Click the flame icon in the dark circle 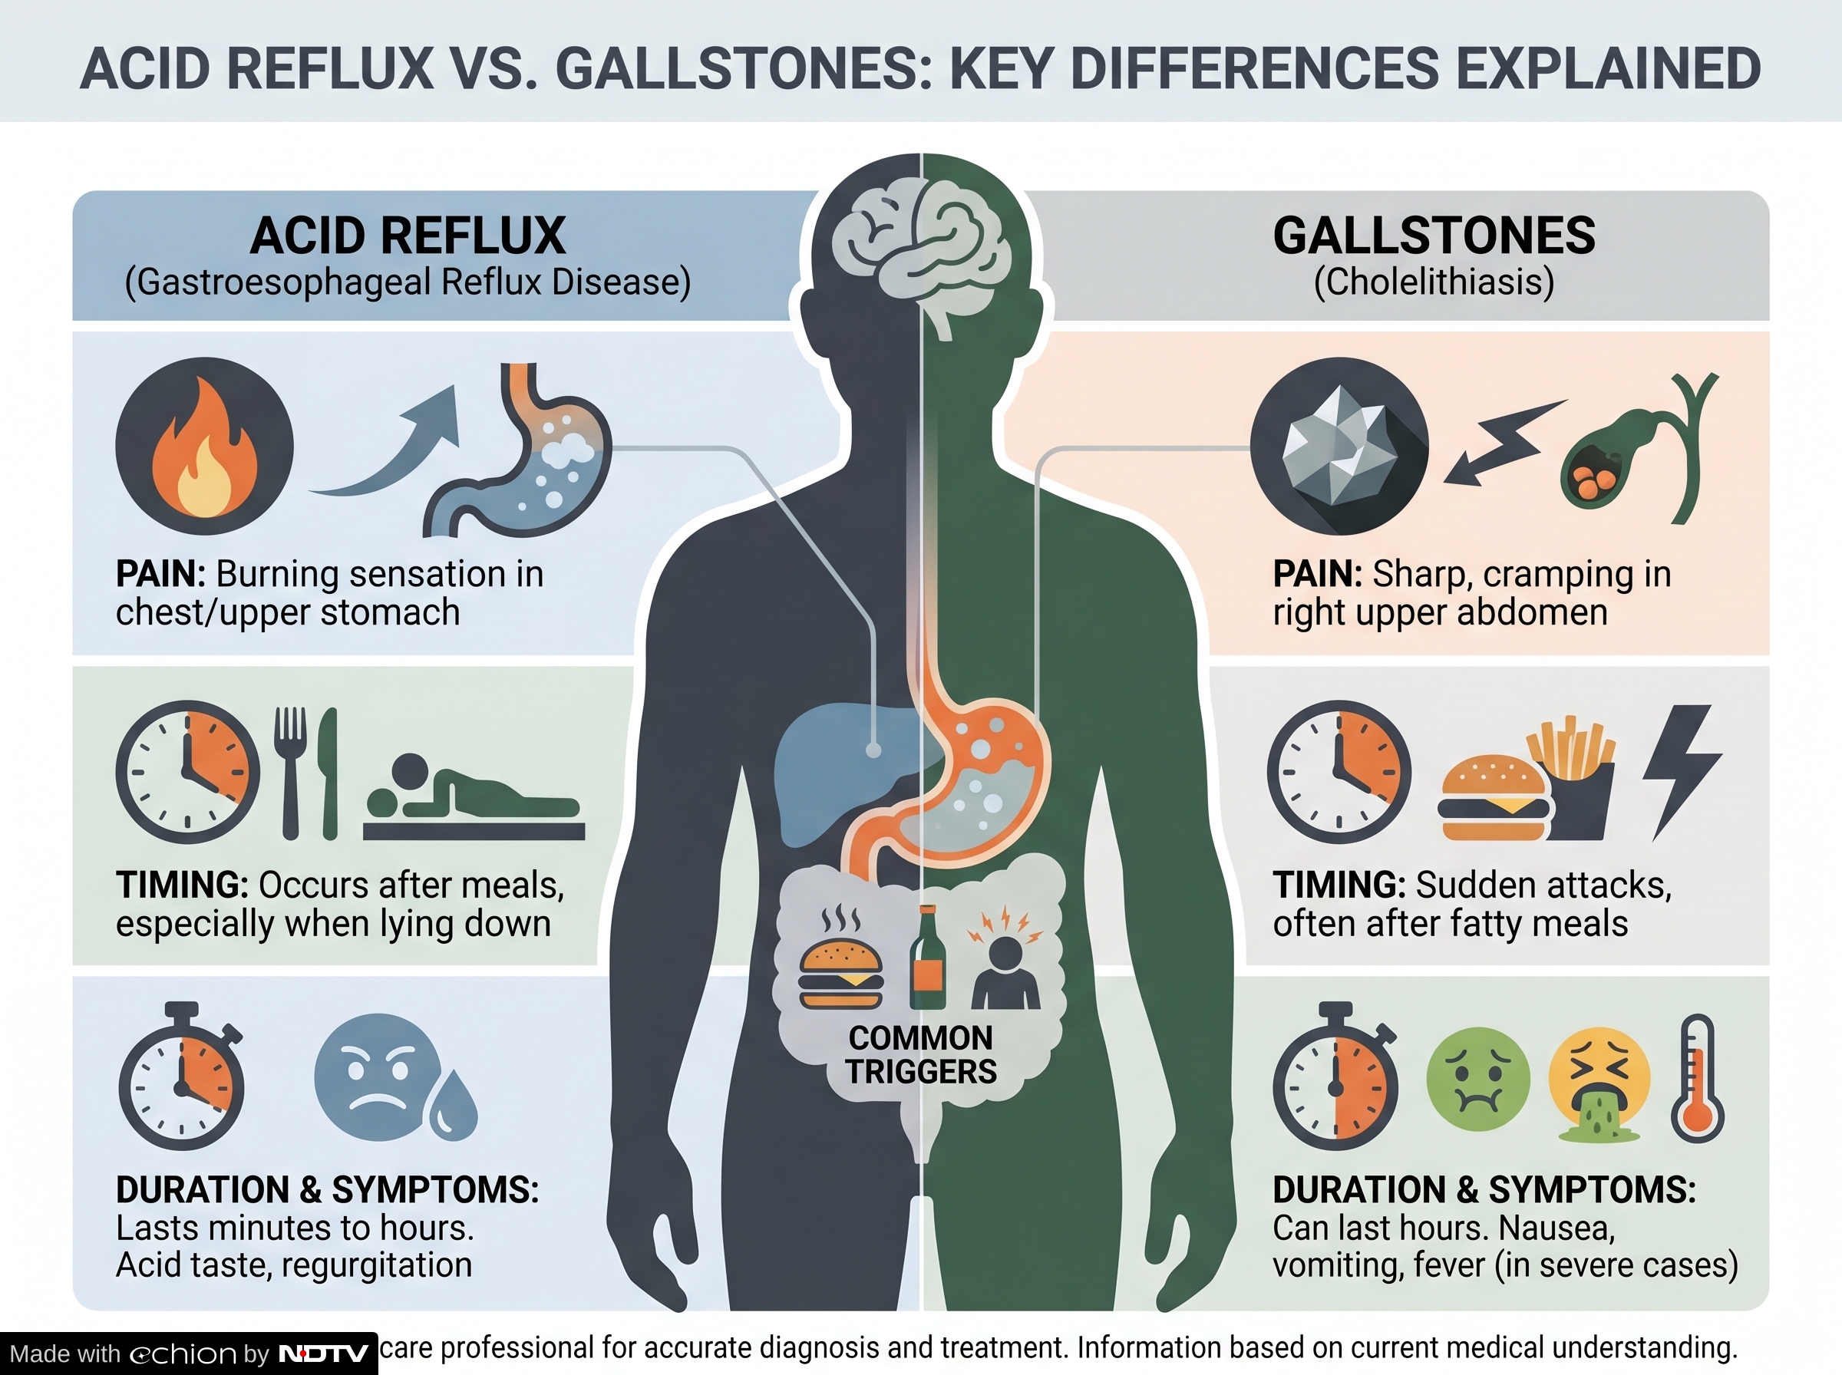204,450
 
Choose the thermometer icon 1697,1078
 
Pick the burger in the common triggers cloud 840,974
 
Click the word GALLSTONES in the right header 1434,236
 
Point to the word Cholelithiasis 1434,282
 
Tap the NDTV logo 323,1354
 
